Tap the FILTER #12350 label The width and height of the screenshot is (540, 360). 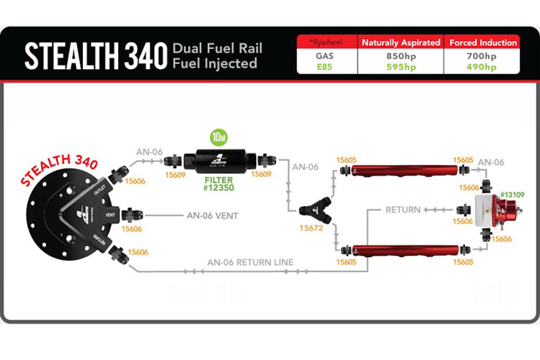tap(218, 184)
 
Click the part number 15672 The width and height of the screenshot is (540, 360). tap(311, 228)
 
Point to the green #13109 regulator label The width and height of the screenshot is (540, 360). tap(512, 194)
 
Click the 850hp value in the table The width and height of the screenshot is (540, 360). tap(400, 57)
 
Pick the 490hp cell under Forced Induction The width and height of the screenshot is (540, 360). tap(481, 67)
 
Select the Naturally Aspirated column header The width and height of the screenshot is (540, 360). tap(400, 43)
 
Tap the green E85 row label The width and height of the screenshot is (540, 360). tap(327, 67)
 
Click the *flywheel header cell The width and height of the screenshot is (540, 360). tap(327, 43)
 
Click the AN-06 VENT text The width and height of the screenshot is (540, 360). tap(212, 216)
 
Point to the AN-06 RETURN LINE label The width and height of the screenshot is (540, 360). tap(250, 262)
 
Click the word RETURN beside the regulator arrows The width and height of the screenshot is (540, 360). tap(403, 209)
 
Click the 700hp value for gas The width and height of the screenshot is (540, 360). tap(481, 57)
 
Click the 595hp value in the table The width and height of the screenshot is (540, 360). tap(400, 67)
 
